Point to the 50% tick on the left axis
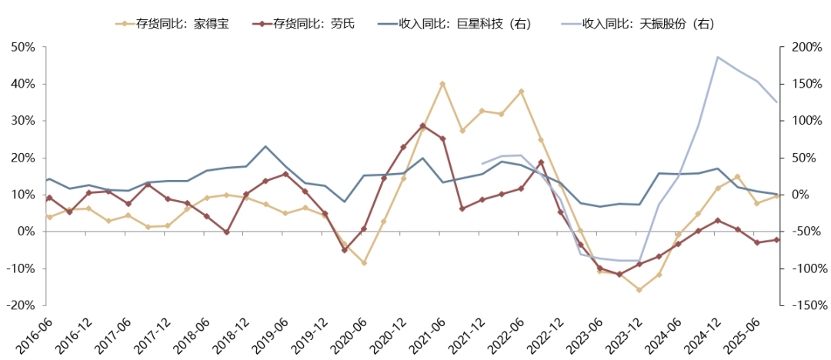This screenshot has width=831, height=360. tap(23, 47)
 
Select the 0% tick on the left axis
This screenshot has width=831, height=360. tap(26, 232)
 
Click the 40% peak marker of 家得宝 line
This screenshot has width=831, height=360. tap(442, 83)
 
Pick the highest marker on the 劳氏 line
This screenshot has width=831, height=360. tap(422, 125)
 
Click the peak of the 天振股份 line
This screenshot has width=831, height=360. tap(718, 57)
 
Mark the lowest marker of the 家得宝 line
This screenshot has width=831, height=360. tap(639, 290)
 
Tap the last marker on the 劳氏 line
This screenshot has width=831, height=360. tap(776, 240)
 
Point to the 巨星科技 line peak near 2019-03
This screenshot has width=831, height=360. tap(265, 146)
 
